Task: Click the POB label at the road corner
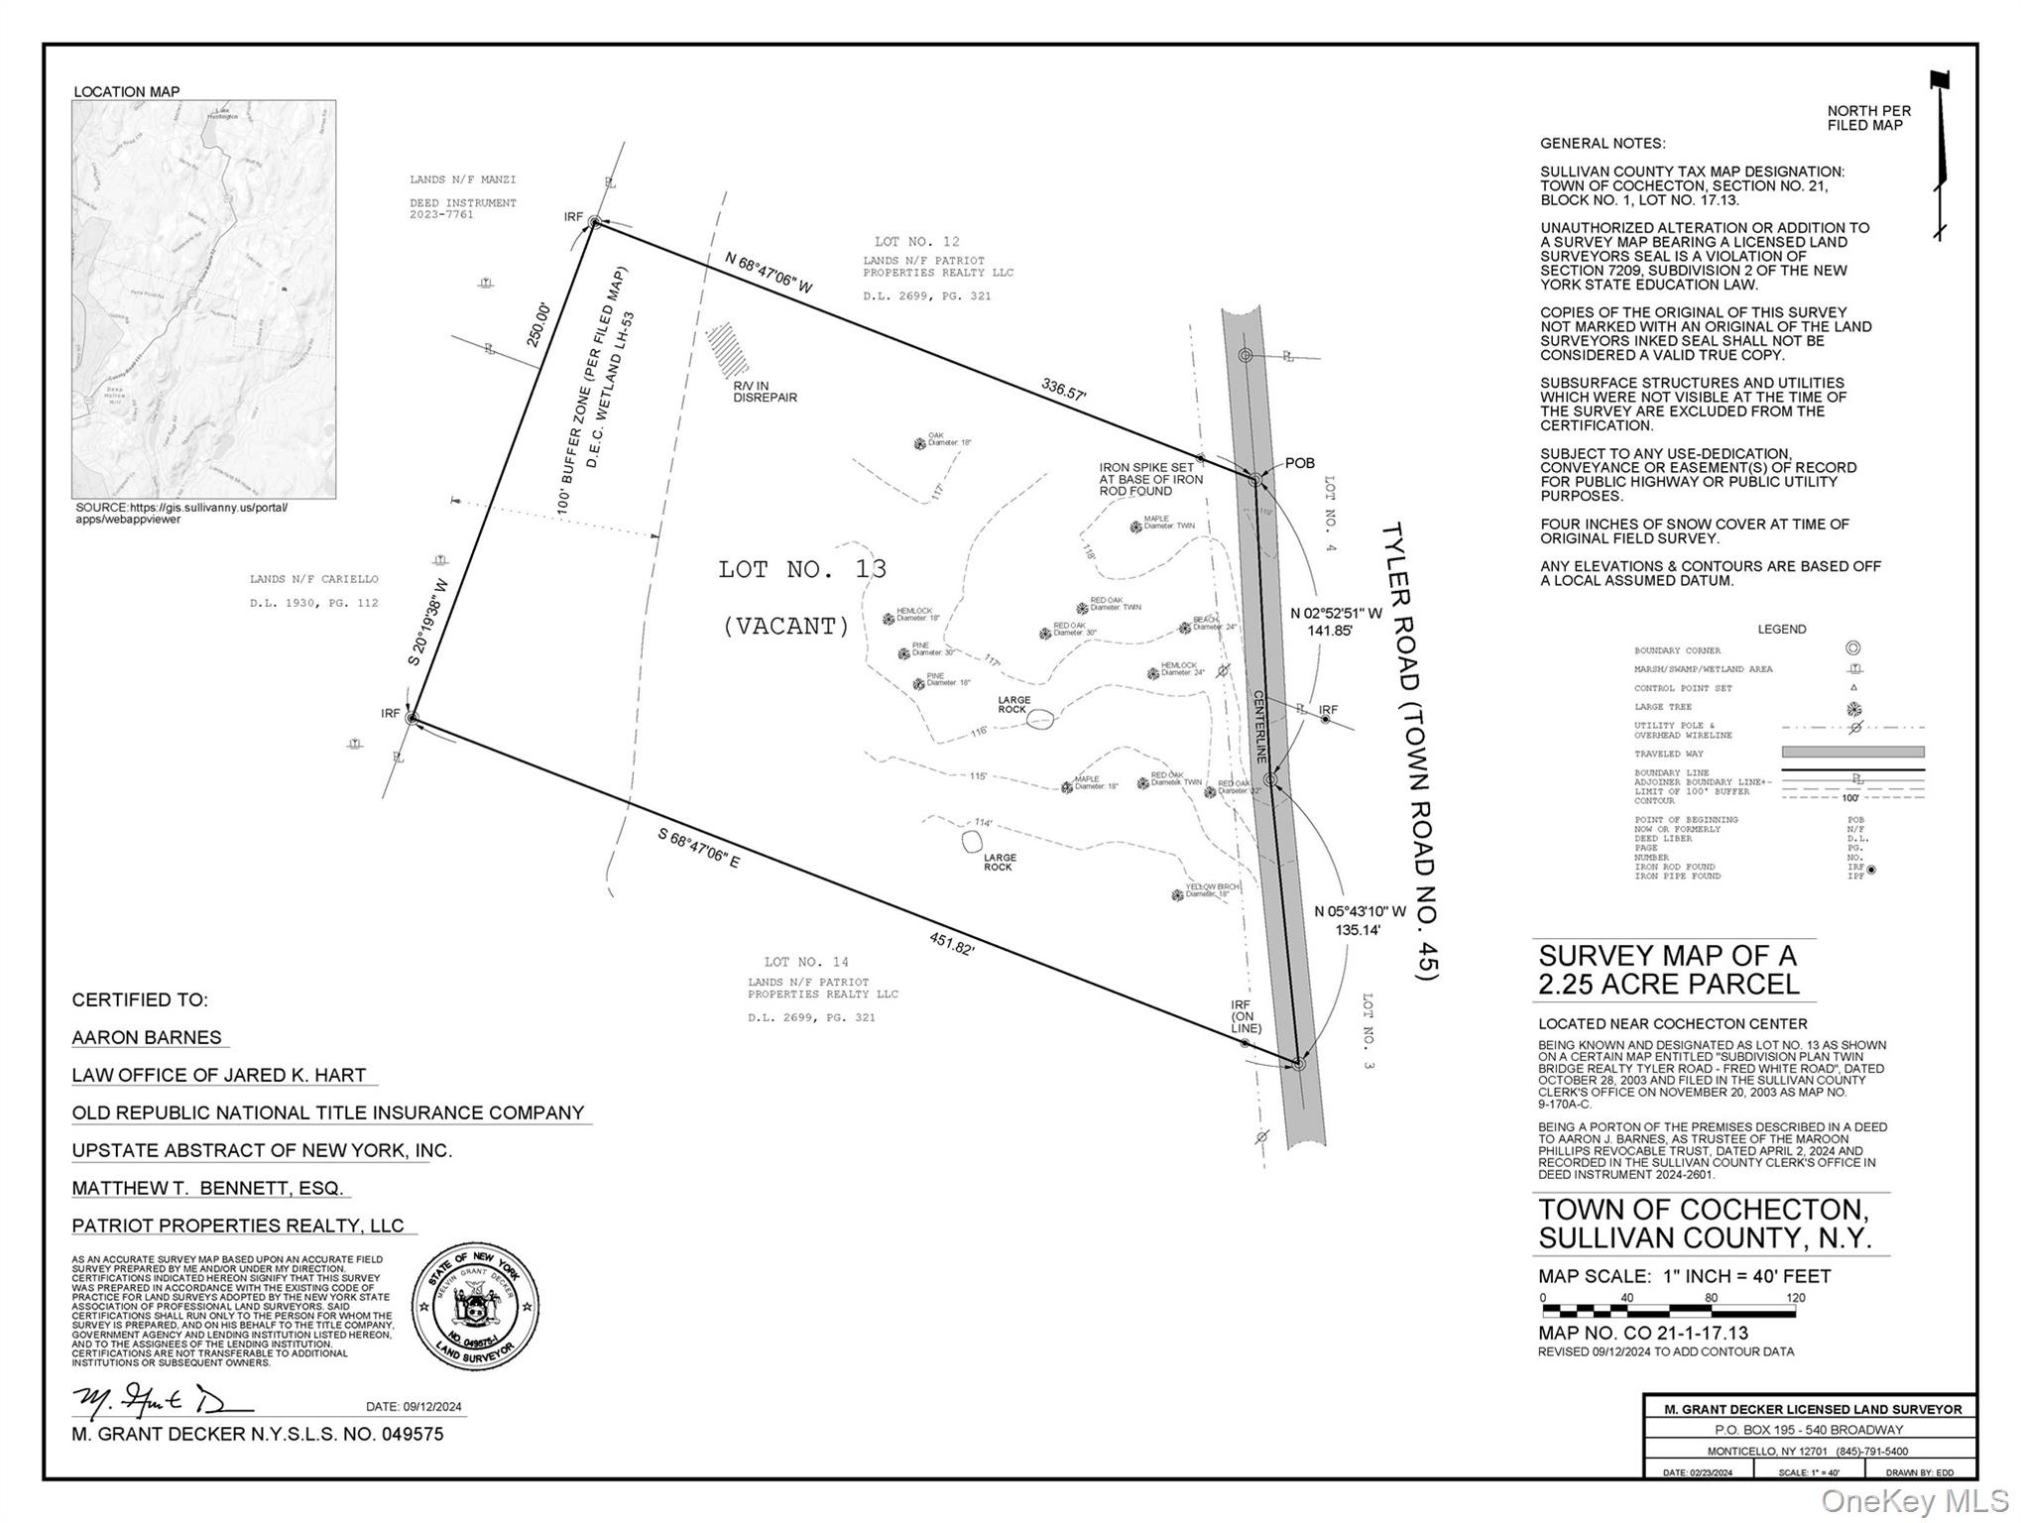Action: click(1299, 463)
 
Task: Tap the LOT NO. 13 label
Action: click(802, 569)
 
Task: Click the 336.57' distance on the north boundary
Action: click(1063, 389)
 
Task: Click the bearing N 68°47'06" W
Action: click(769, 273)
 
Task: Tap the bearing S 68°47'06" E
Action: click(698, 849)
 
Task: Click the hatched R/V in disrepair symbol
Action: click(727, 346)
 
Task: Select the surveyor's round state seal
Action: click(475, 1307)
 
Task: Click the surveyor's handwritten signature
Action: click(159, 1400)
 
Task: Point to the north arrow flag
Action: click(1940, 81)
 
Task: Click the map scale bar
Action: click(1668, 1311)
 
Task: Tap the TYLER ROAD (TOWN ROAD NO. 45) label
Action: click(1409, 751)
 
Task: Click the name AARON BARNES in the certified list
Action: click(147, 1037)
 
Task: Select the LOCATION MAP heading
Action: click(127, 91)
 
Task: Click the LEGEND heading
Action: click(1781, 629)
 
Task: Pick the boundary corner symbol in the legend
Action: click(1852, 648)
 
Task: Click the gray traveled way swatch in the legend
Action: click(1852, 752)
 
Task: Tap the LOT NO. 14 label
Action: click(806, 962)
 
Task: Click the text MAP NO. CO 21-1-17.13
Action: click(1643, 1334)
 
